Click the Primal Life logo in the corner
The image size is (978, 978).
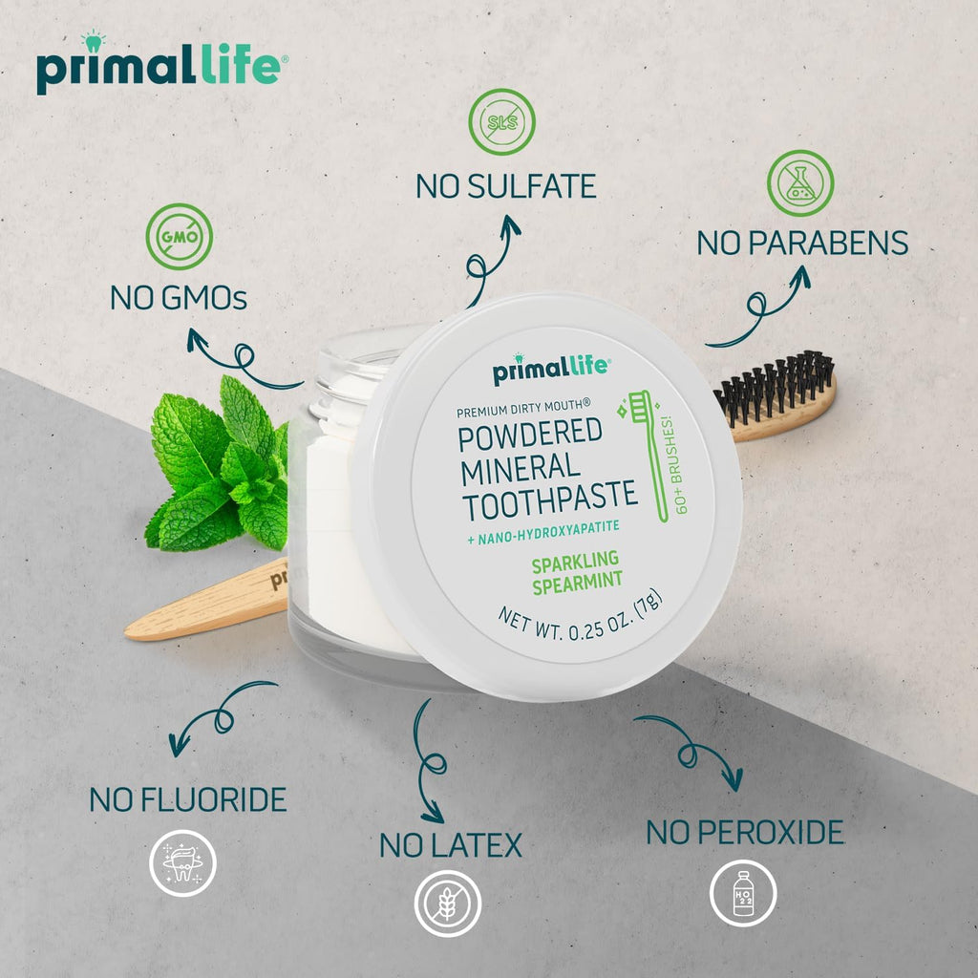pos(158,67)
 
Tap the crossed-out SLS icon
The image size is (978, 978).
pos(501,122)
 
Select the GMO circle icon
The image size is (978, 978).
pos(179,234)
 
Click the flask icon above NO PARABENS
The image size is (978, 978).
pos(800,183)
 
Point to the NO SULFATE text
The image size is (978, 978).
pos(505,185)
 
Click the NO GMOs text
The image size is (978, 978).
pos(179,299)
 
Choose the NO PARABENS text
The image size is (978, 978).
pos(802,243)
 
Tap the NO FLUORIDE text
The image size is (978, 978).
pos(188,799)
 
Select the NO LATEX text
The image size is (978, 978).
pos(451,845)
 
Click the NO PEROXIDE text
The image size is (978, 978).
pos(745,832)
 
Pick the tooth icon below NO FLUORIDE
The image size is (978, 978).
pos(182,863)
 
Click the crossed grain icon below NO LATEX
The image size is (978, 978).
pos(447,904)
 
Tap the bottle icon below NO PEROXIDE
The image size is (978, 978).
pos(742,892)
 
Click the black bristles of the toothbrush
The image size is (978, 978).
pos(776,384)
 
